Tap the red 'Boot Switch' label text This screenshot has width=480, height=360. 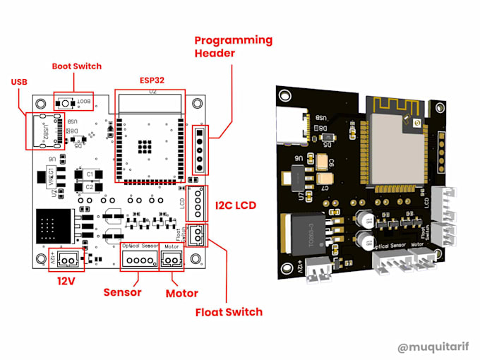tap(76, 66)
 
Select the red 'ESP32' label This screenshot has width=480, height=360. tap(152, 80)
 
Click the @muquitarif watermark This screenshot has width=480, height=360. tap(431, 347)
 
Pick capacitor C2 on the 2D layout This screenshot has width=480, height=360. tap(90, 187)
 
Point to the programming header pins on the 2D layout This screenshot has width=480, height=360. tap(200, 150)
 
